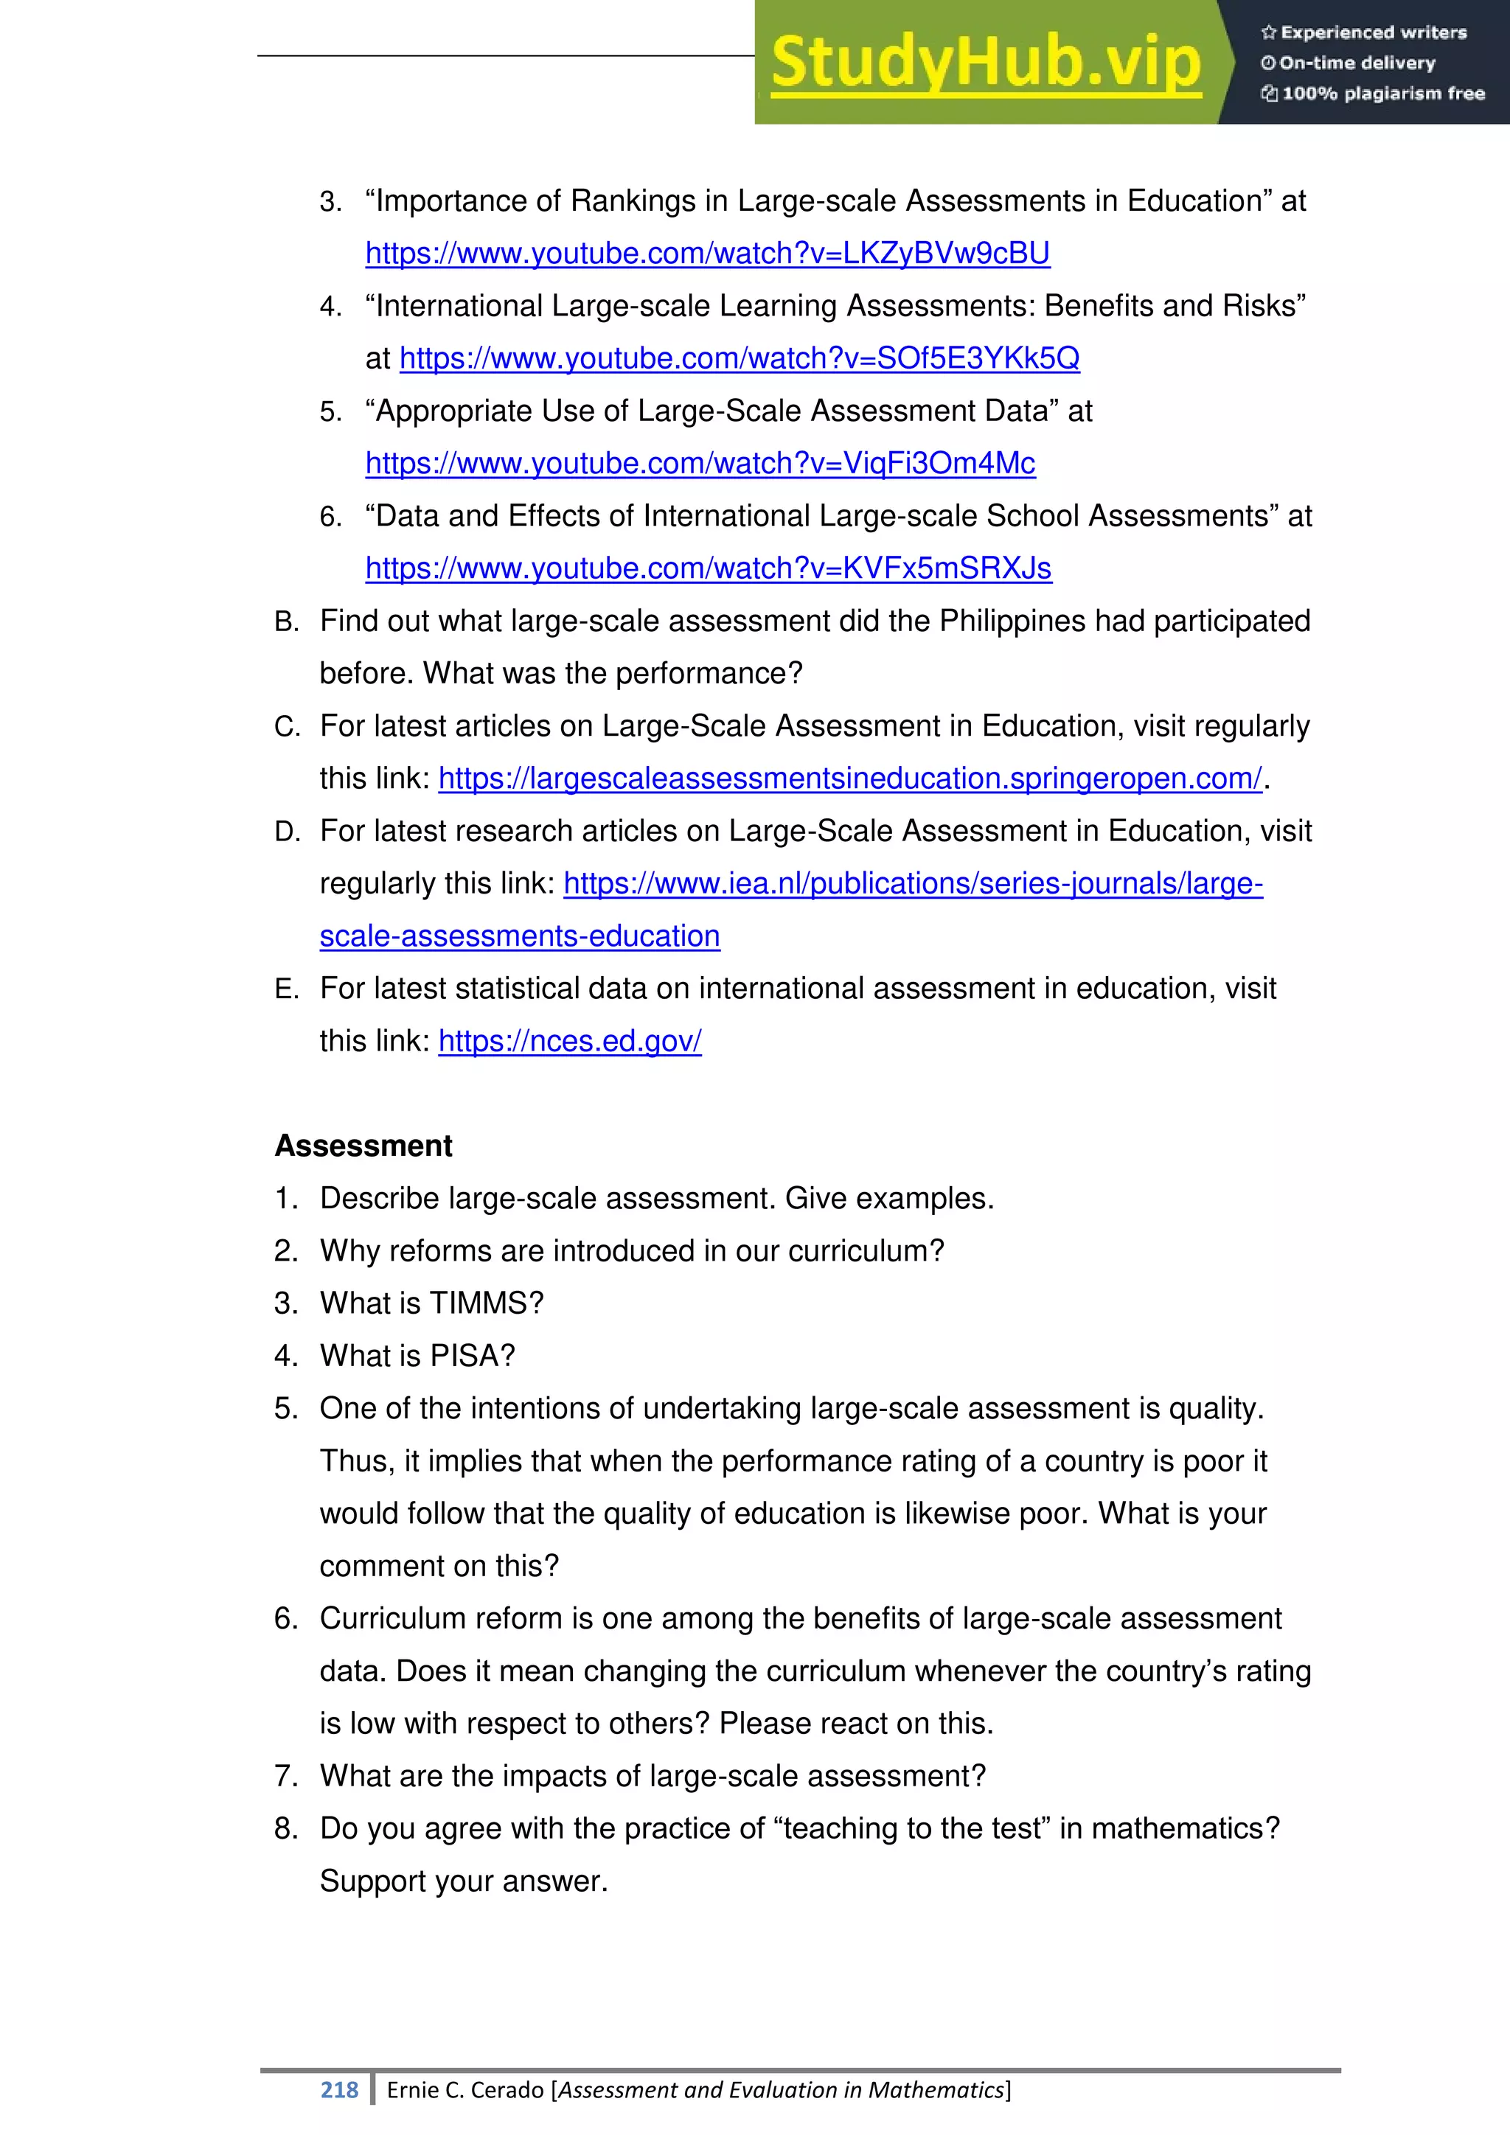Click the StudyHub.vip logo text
pyautogui.click(x=986, y=63)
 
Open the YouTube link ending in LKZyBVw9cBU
pyautogui.click(x=708, y=254)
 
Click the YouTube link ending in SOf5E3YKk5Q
pyautogui.click(x=740, y=359)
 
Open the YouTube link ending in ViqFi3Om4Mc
pyautogui.click(x=700, y=464)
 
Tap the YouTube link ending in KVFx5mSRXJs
pyautogui.click(x=709, y=568)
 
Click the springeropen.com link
pyautogui.click(x=850, y=779)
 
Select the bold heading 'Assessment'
pyautogui.click(x=363, y=1146)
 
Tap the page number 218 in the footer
pyautogui.click(x=339, y=2089)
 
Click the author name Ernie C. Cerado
pyautogui.click(x=465, y=2089)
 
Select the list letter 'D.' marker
pyautogui.click(x=288, y=832)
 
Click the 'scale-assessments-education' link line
pyautogui.click(x=520, y=936)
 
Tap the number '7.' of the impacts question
pyautogui.click(x=285, y=1776)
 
